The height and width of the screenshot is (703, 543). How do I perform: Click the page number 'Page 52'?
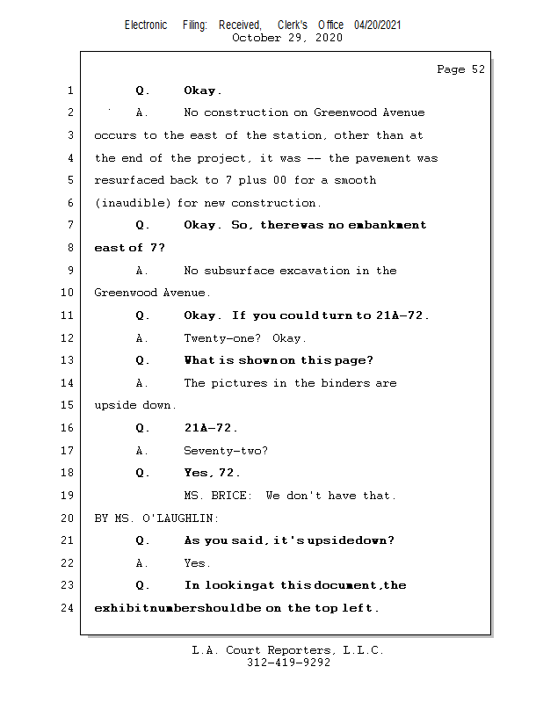click(x=460, y=69)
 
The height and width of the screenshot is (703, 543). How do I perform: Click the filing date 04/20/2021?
click(x=378, y=25)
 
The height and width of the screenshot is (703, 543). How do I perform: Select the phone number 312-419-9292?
click(x=288, y=663)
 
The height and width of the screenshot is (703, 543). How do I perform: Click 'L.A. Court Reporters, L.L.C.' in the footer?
click(x=288, y=650)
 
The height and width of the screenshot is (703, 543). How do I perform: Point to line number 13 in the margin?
click(x=69, y=360)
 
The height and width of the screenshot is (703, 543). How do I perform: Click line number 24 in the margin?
click(x=69, y=607)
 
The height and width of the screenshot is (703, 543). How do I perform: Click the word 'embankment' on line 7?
click(x=390, y=225)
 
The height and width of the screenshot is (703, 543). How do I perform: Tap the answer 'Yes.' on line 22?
click(x=197, y=563)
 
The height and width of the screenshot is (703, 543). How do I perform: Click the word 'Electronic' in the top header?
click(x=146, y=25)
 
